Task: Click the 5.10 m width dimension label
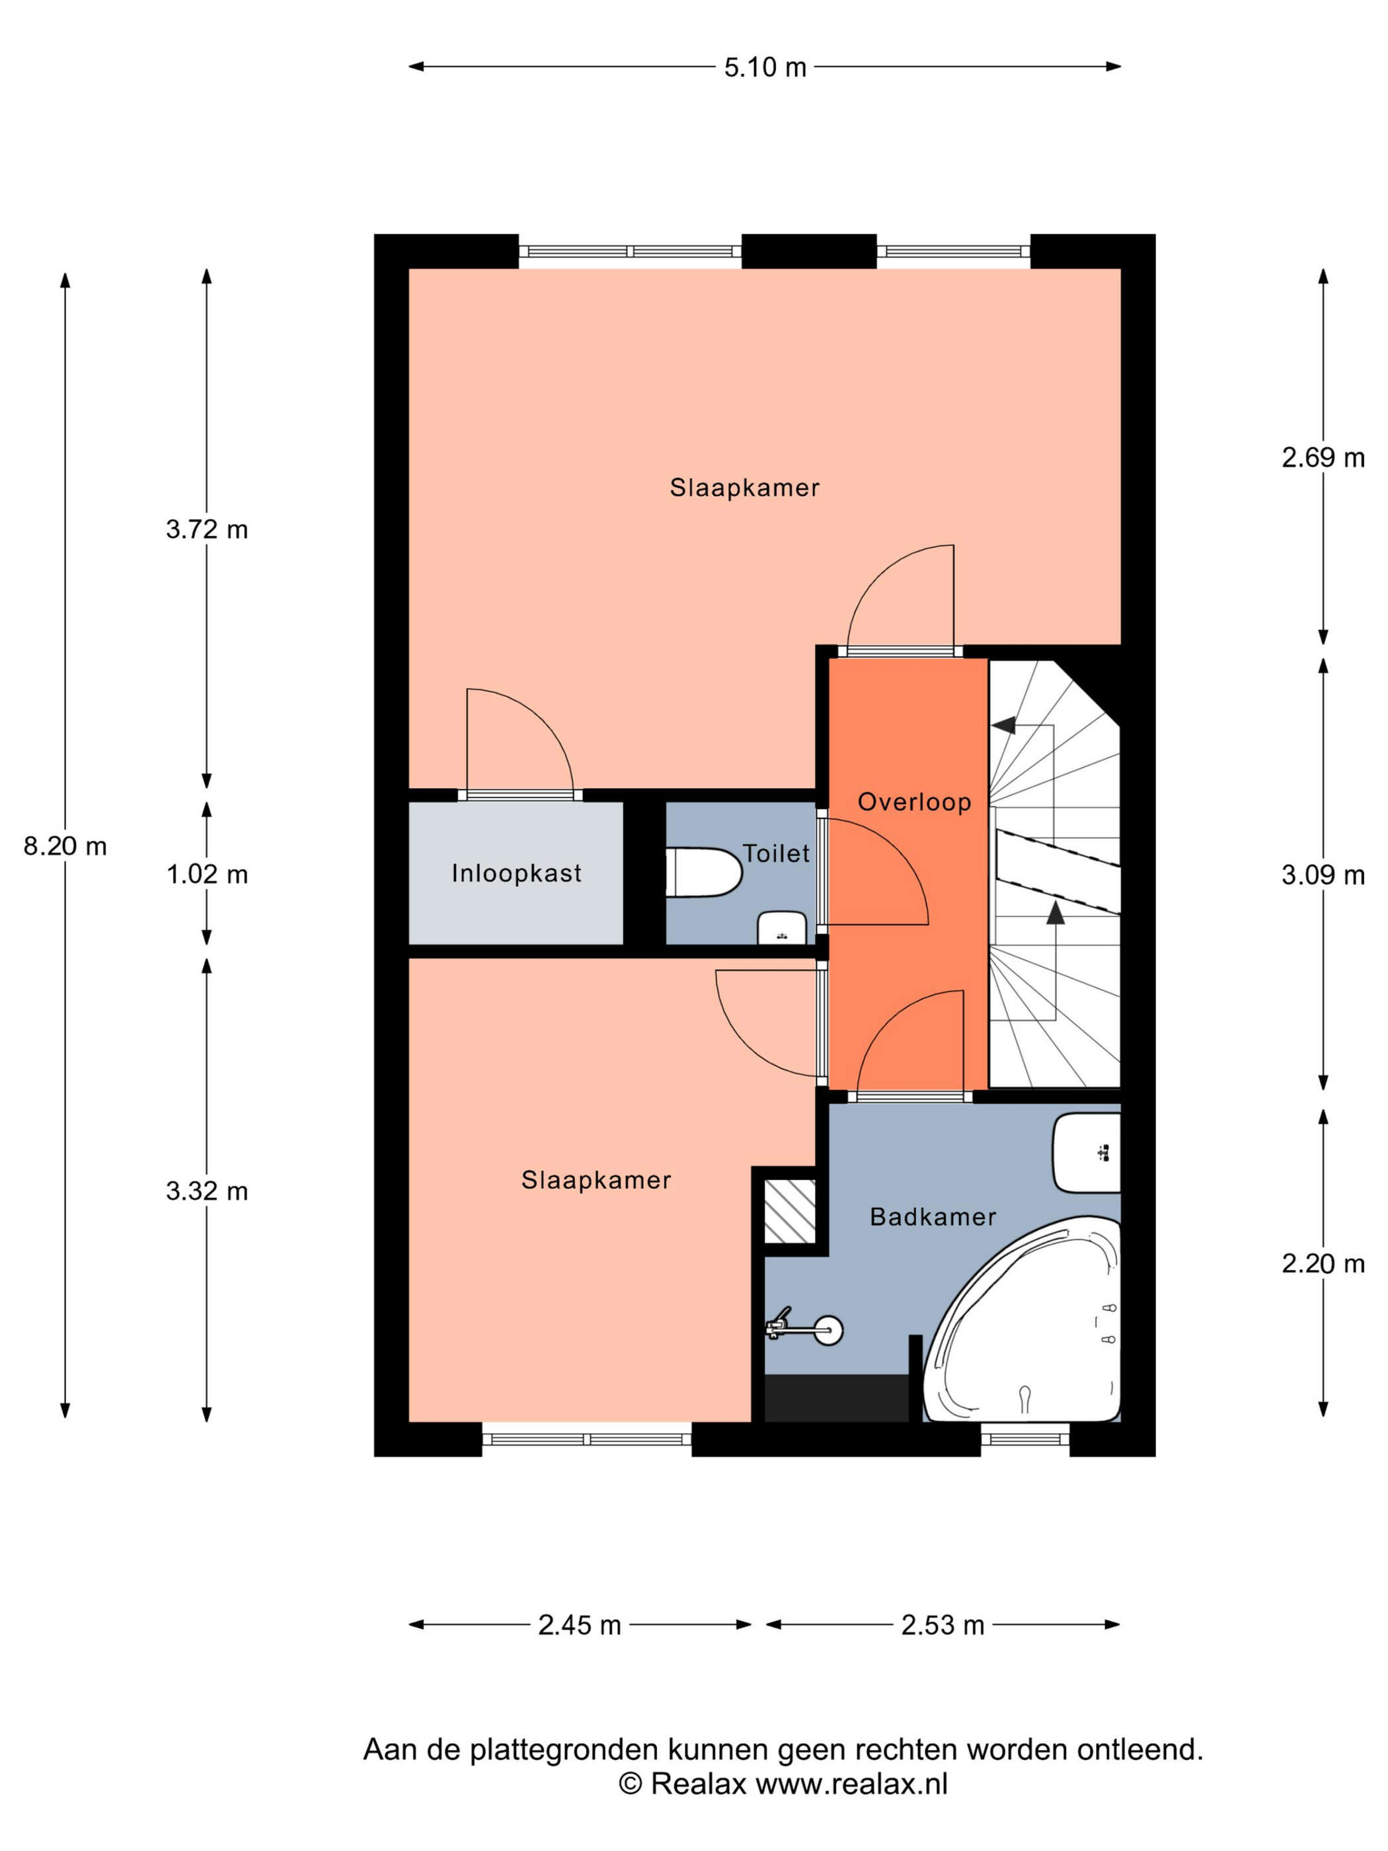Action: [x=765, y=67]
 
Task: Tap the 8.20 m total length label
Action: [x=65, y=846]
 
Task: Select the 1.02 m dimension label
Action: [x=208, y=875]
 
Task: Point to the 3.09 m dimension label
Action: [x=1323, y=875]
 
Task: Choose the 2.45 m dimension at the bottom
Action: [x=580, y=1625]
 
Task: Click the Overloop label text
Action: [x=915, y=802]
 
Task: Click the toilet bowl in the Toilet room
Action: [x=704, y=873]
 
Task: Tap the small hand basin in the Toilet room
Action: [x=781, y=928]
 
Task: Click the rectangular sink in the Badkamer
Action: [x=1087, y=1152]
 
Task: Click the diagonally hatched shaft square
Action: [x=790, y=1211]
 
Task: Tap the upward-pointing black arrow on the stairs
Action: [x=1056, y=912]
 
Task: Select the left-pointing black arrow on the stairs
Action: [x=1003, y=724]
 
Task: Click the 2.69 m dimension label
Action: [x=1323, y=457]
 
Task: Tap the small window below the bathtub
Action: [x=1025, y=1438]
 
